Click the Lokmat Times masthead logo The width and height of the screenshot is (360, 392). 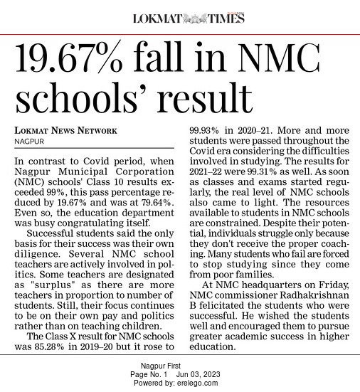(188, 18)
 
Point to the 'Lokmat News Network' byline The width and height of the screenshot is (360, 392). (65, 131)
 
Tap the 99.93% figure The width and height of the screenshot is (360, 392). (208, 131)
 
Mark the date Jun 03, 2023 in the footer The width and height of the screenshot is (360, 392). (203, 374)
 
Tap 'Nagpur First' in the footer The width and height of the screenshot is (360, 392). (180, 366)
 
